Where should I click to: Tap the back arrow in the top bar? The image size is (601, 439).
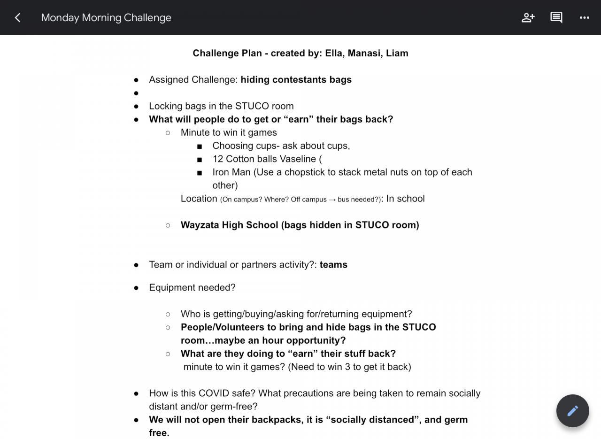pyautogui.click(x=17, y=18)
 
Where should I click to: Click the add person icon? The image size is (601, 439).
pyautogui.click(x=528, y=18)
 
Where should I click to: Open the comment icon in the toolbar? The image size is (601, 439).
pyautogui.click(x=556, y=18)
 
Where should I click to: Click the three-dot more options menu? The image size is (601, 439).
pyautogui.click(x=585, y=18)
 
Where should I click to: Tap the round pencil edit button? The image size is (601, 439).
pyautogui.click(x=572, y=411)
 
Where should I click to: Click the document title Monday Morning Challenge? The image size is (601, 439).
pyautogui.click(x=106, y=18)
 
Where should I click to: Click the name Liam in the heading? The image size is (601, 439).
pyautogui.click(x=397, y=53)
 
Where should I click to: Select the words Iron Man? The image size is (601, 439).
pyautogui.click(x=231, y=172)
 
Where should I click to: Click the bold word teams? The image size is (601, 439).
pyautogui.click(x=333, y=264)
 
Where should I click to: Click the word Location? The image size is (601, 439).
pyautogui.click(x=199, y=199)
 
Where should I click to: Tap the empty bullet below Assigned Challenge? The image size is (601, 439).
pyautogui.click(x=136, y=93)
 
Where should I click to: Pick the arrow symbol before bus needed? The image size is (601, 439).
pyautogui.click(x=332, y=200)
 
